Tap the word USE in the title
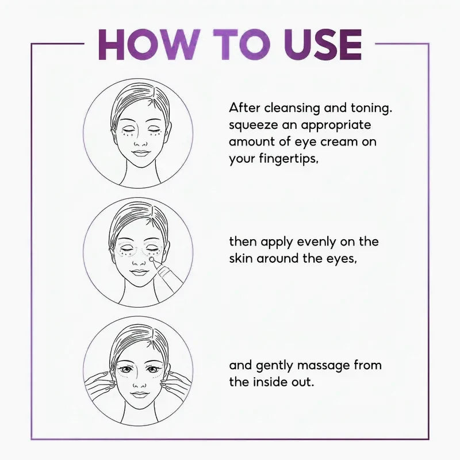tap(323, 45)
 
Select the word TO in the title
tap(241, 45)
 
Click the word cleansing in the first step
tap(292, 109)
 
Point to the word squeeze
tap(253, 126)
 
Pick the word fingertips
tap(289, 159)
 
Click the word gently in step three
tap(274, 366)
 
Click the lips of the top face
tap(141, 153)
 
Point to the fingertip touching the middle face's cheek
tap(152, 259)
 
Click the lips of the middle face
tap(139, 272)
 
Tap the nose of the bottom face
tap(139, 383)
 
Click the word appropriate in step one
tap(336, 126)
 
